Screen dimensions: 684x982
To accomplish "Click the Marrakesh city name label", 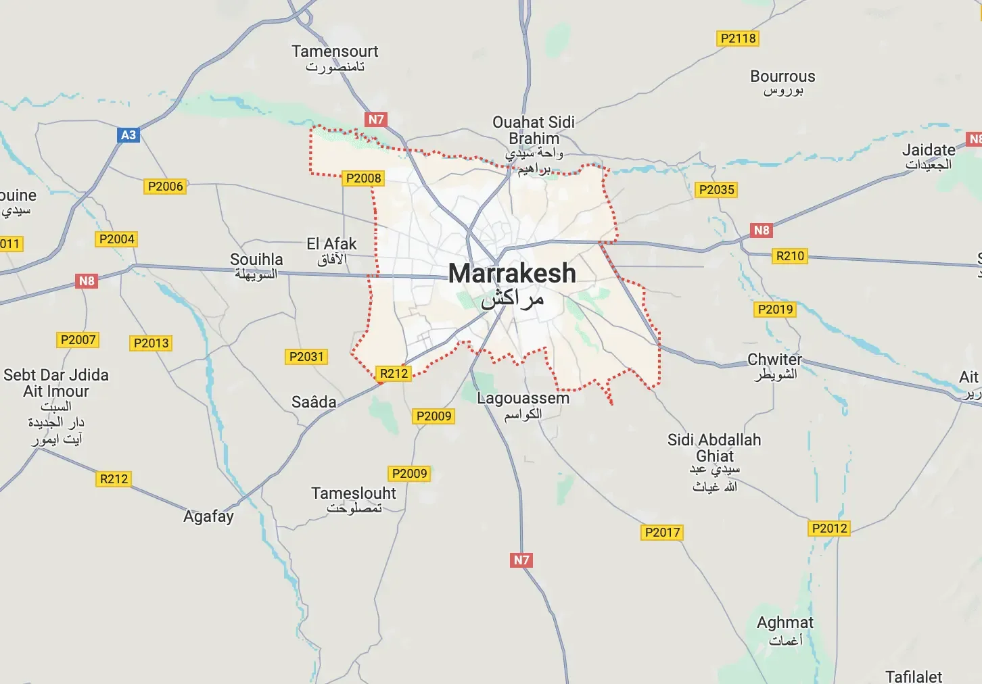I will point(512,274).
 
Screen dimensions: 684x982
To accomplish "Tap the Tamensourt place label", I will point(335,52).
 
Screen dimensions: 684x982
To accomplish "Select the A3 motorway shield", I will point(128,135).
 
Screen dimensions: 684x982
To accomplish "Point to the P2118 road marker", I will point(738,39).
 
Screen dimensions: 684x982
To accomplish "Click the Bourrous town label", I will point(782,77).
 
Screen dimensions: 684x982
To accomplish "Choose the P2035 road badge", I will point(716,190).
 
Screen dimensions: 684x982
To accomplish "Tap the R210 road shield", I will point(790,256).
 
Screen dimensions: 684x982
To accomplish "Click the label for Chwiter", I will point(774,360).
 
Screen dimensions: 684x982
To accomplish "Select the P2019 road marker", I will point(775,310).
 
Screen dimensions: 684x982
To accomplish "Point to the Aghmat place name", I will point(785,622).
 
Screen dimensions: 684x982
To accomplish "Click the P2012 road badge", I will point(829,529).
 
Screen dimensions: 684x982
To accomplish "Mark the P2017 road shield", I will point(662,533).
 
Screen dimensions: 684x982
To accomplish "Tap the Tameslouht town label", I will point(354,493).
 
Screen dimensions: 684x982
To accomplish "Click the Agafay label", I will point(208,516).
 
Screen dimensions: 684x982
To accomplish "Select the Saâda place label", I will point(314,402).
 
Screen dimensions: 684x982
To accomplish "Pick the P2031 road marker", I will point(306,357).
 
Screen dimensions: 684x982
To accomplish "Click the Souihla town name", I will point(256,260).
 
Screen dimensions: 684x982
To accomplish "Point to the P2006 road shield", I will point(165,187).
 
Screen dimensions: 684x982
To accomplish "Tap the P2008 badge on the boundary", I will point(363,178).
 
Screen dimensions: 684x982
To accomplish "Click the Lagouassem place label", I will point(523,399).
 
